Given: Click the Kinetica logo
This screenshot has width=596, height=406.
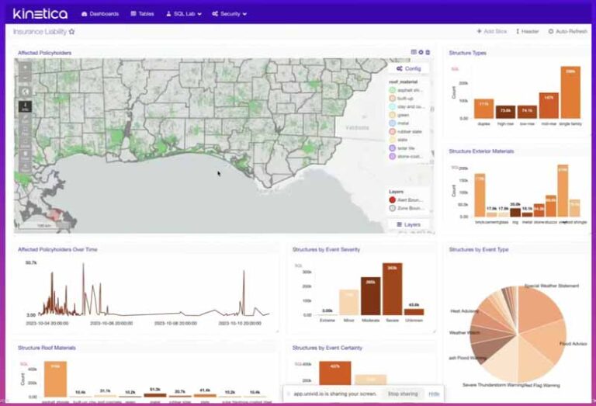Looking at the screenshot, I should pyautogui.click(x=40, y=13).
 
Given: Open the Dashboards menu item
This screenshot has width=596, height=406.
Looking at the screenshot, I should pyautogui.click(x=100, y=14).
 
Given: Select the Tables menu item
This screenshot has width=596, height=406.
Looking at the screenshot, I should pyautogui.click(x=143, y=14).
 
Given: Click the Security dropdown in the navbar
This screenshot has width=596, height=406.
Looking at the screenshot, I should pyautogui.click(x=230, y=14).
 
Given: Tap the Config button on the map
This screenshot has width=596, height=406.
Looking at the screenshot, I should pyautogui.click(x=408, y=68).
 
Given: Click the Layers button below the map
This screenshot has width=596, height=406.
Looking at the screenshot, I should pyautogui.click(x=408, y=224).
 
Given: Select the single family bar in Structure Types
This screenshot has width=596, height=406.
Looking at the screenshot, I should pyautogui.click(x=570, y=92).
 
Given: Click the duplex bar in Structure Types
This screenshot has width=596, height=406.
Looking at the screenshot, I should pyautogui.click(x=483, y=108).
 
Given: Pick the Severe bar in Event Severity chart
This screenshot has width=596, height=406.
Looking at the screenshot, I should pyautogui.click(x=392, y=289).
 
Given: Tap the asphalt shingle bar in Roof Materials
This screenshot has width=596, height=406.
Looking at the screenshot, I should pyautogui.click(x=55, y=379).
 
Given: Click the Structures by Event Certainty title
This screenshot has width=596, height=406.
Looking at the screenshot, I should pyautogui.click(x=327, y=348).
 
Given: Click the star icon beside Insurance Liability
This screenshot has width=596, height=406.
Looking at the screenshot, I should pyautogui.click(x=72, y=32).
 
